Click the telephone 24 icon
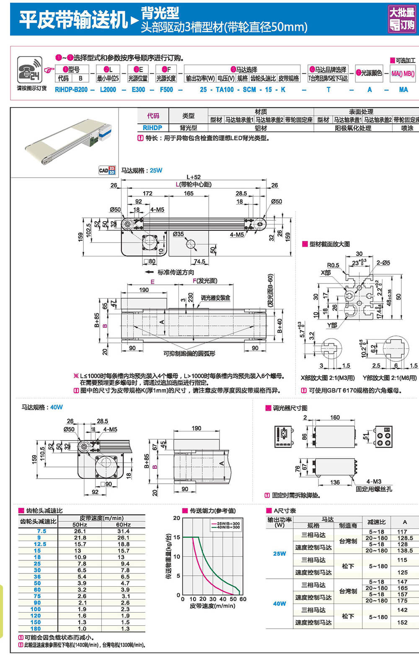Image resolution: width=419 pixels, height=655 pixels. tap(29, 70)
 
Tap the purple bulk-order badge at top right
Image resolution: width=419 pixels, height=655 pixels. tap(401, 19)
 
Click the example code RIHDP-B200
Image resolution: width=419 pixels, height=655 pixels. tap(71, 90)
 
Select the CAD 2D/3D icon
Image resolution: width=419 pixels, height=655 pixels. tap(107, 170)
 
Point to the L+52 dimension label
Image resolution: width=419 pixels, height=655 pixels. tap(193, 177)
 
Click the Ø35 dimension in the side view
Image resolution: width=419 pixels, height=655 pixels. tap(178, 234)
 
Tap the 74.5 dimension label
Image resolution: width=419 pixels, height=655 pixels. tap(199, 261)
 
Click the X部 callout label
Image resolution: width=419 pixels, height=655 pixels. tap(326, 273)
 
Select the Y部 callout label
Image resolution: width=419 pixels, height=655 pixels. tap(332, 325)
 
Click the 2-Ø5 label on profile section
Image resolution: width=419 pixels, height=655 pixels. tap(383, 263)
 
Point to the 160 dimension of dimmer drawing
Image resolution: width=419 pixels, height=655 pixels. tap(335, 417)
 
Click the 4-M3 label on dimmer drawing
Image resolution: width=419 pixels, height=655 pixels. tap(374, 482)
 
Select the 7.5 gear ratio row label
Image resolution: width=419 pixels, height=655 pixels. tap(41, 531)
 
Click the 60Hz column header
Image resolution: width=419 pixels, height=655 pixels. tap(123, 524)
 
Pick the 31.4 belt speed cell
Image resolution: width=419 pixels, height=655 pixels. tap(123, 531)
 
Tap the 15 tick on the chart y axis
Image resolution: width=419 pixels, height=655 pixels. tap(177, 537)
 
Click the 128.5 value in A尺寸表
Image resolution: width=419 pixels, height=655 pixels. tap(405, 538)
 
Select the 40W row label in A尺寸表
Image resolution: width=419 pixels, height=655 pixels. tap(279, 603)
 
